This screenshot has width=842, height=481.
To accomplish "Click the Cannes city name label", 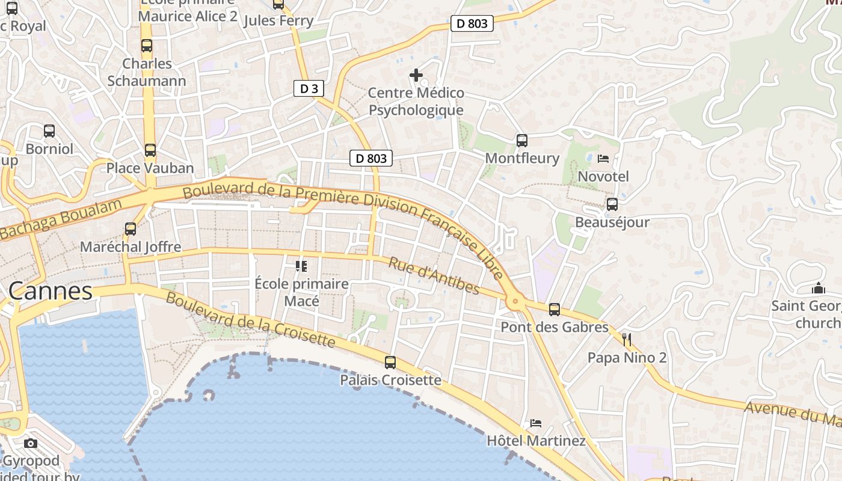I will click(x=51, y=291).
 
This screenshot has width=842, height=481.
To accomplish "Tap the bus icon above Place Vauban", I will click(x=150, y=150).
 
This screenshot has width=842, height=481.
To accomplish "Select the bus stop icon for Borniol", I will click(x=49, y=130).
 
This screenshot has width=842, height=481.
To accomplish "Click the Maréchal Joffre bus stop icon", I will click(x=131, y=228).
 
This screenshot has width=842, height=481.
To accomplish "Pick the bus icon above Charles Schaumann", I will click(x=147, y=45).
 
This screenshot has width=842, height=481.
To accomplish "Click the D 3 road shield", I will click(x=309, y=88).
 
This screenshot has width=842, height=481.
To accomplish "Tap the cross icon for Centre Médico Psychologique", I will click(x=416, y=75).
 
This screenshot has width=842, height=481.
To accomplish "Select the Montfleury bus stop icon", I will click(x=522, y=140).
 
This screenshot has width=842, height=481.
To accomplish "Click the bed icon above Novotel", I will click(x=603, y=159).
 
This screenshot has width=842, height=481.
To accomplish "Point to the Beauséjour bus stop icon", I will click(x=612, y=204).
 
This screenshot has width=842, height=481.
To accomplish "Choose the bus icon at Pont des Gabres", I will click(x=555, y=309).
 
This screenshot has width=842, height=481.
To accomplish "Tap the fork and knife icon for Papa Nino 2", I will click(x=627, y=340).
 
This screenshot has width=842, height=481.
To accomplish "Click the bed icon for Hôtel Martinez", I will click(x=536, y=423).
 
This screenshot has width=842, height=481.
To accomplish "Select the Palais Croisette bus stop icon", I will click(x=390, y=362).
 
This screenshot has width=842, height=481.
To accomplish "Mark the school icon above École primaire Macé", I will click(x=301, y=266).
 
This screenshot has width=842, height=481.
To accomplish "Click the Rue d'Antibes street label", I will click(x=434, y=276).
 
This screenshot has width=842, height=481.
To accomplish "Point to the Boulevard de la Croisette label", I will click(x=250, y=320).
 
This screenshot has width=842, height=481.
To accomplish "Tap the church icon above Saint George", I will click(x=818, y=288).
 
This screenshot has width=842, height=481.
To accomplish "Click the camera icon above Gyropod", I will click(x=31, y=443).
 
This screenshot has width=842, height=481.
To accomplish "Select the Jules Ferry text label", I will click(x=278, y=20).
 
